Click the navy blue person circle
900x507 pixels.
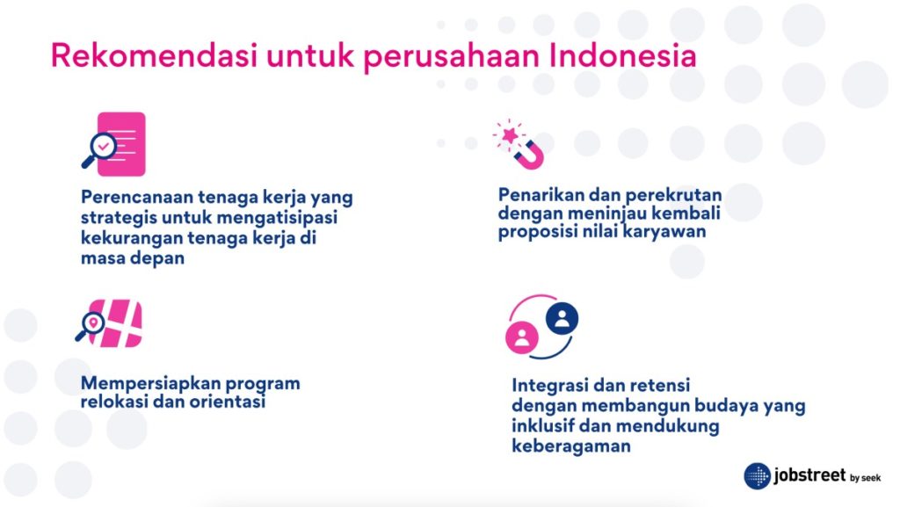click(562, 318)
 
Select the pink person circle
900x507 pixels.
click(521, 337)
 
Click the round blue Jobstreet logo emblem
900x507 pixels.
click(758, 476)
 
